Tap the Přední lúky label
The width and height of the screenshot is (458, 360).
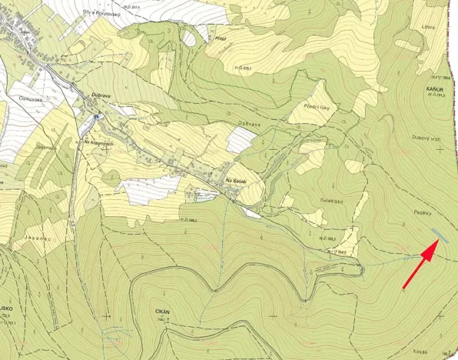tap(317, 107)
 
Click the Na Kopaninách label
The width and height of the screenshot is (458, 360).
tap(99, 142)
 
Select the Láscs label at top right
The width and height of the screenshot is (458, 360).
tap(429, 27)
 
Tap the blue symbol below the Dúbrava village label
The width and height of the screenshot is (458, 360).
tap(97, 117)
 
